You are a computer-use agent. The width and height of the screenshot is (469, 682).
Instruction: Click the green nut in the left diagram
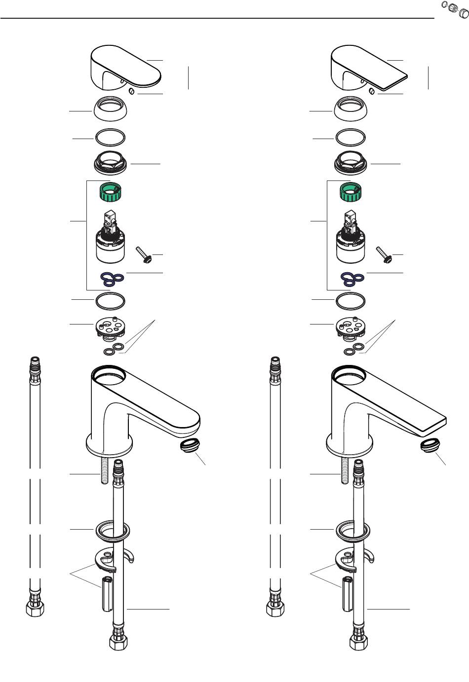coord(111,192)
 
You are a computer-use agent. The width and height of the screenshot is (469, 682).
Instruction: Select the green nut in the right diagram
coord(352,192)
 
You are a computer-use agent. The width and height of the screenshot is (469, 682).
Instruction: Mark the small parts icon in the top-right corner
coord(454,8)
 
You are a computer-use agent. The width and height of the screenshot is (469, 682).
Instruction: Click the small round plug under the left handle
coord(131,91)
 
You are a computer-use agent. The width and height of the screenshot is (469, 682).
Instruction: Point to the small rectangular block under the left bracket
coord(108,594)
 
